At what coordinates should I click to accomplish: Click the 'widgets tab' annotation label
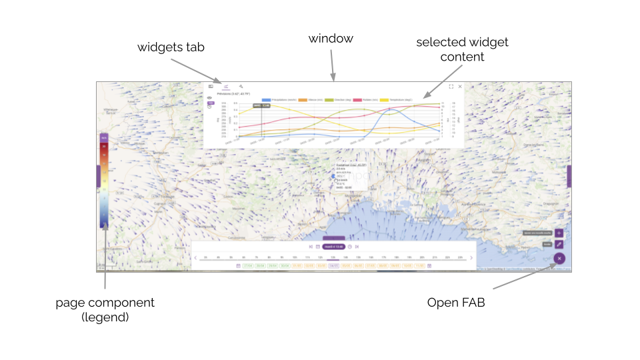click(171, 48)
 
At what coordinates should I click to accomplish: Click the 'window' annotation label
click(331, 39)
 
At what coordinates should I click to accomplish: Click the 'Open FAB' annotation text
click(455, 303)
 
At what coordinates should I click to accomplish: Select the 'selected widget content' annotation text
click(462, 49)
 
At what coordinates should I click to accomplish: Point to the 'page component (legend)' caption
click(105, 310)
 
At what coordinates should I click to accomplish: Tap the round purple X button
click(559, 258)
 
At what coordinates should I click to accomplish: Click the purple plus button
click(559, 233)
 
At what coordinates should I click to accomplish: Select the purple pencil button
click(559, 245)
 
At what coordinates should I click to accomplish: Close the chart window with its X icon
click(460, 87)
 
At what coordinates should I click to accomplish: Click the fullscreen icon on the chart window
click(451, 87)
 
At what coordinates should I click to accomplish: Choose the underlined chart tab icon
click(226, 87)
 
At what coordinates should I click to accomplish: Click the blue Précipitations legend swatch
click(266, 99)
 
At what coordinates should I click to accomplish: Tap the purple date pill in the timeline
click(333, 247)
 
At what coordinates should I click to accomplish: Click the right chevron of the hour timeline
click(471, 257)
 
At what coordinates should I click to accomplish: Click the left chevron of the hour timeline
click(195, 257)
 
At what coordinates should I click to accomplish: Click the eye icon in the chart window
click(210, 97)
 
